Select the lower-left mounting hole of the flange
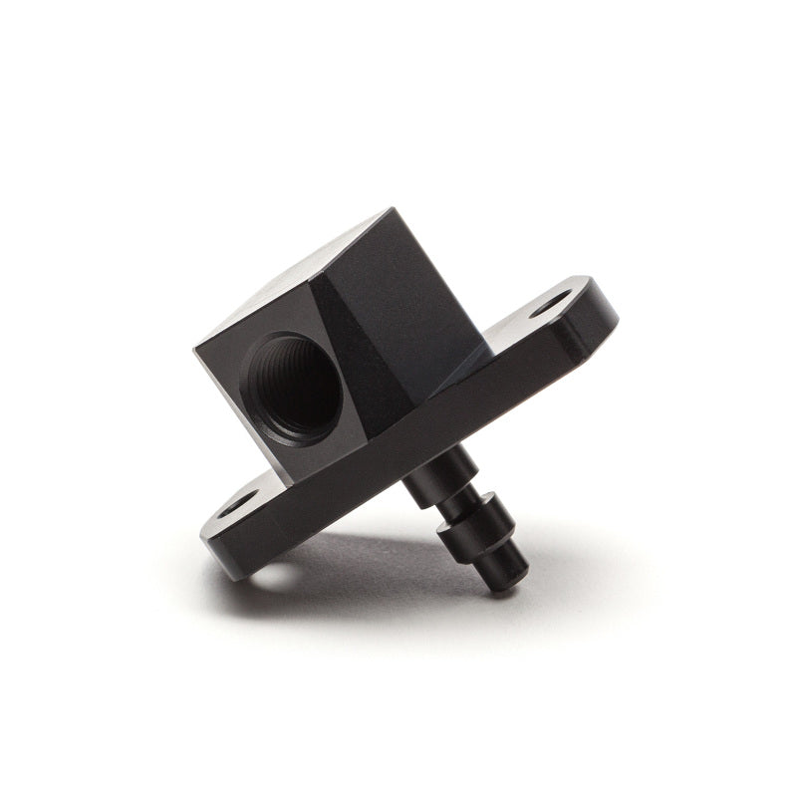tap(235, 506)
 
